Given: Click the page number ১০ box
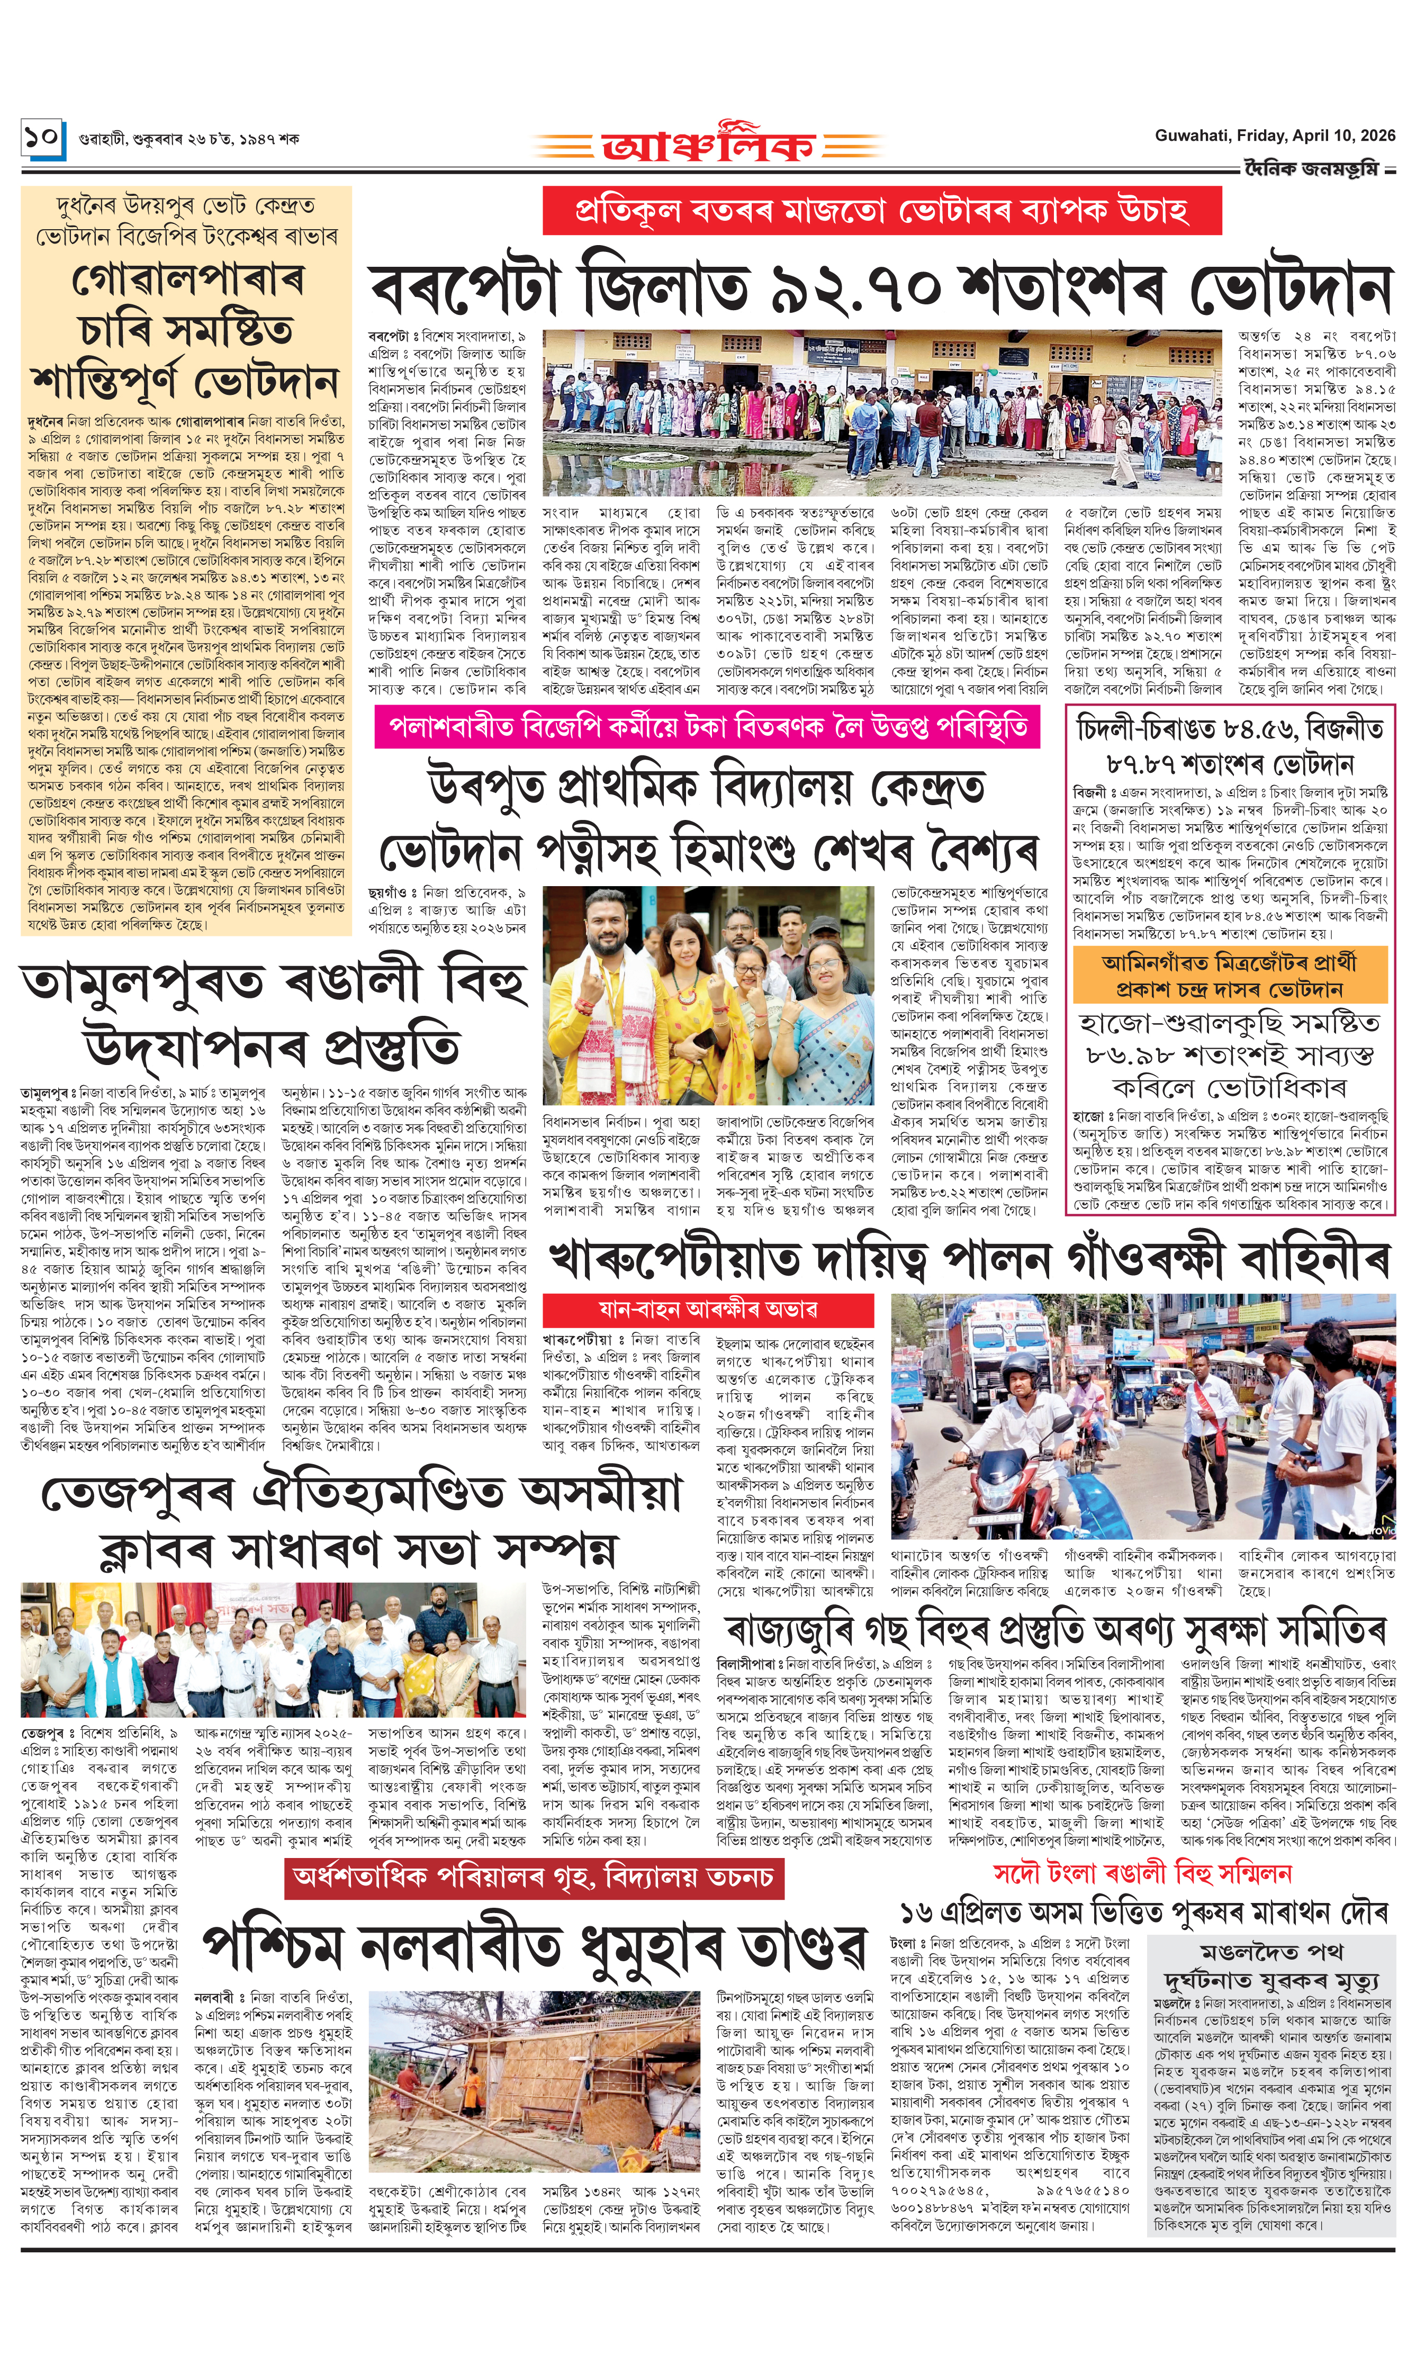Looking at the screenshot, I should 42,138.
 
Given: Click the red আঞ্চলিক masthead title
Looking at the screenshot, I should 708,145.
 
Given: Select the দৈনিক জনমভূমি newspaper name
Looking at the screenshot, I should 1317,169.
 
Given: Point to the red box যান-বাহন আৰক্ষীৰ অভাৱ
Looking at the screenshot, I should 708,1308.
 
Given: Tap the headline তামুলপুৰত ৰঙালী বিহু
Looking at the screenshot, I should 273,983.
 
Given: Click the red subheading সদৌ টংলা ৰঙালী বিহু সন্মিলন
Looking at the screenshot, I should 1142,1872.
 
